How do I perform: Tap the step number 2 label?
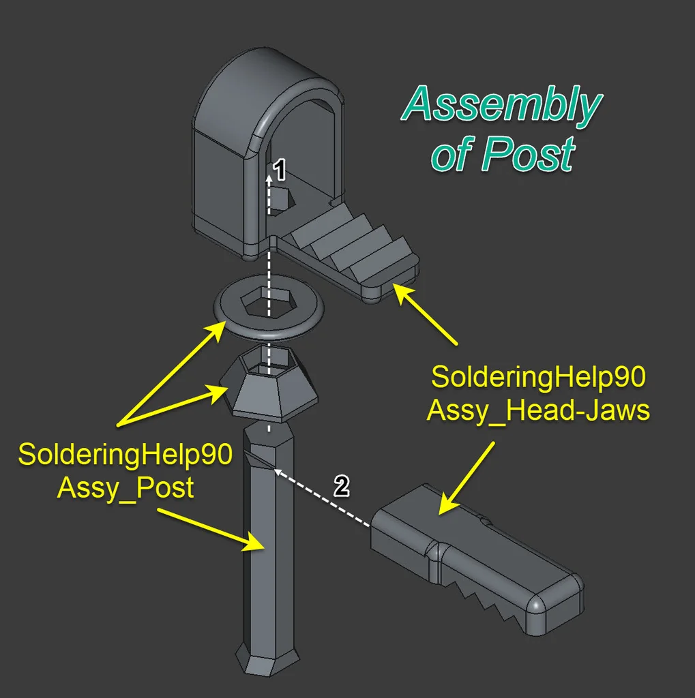[342, 485]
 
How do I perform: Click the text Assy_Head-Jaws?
[538, 410]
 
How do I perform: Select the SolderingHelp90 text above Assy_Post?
[125, 455]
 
